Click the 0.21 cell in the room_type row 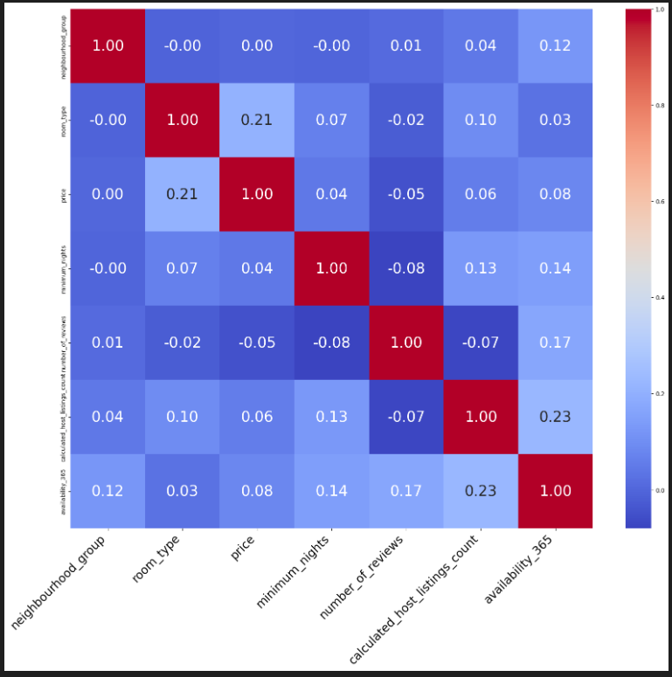click(x=257, y=120)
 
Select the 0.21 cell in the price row click(x=183, y=194)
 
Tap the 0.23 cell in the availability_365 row click(x=481, y=491)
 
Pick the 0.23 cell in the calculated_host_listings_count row click(x=555, y=417)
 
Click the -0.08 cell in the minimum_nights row click(x=406, y=268)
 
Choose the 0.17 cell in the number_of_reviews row click(x=555, y=342)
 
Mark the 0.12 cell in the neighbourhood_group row click(x=555, y=45)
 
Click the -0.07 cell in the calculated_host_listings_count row click(x=406, y=417)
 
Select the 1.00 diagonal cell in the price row click(x=257, y=194)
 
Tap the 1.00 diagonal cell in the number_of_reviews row click(x=406, y=342)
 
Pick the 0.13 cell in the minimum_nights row click(x=481, y=268)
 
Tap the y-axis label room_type click(x=62, y=120)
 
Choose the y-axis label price click(x=62, y=194)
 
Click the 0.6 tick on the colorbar click(x=659, y=201)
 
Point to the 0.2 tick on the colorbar click(x=659, y=394)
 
